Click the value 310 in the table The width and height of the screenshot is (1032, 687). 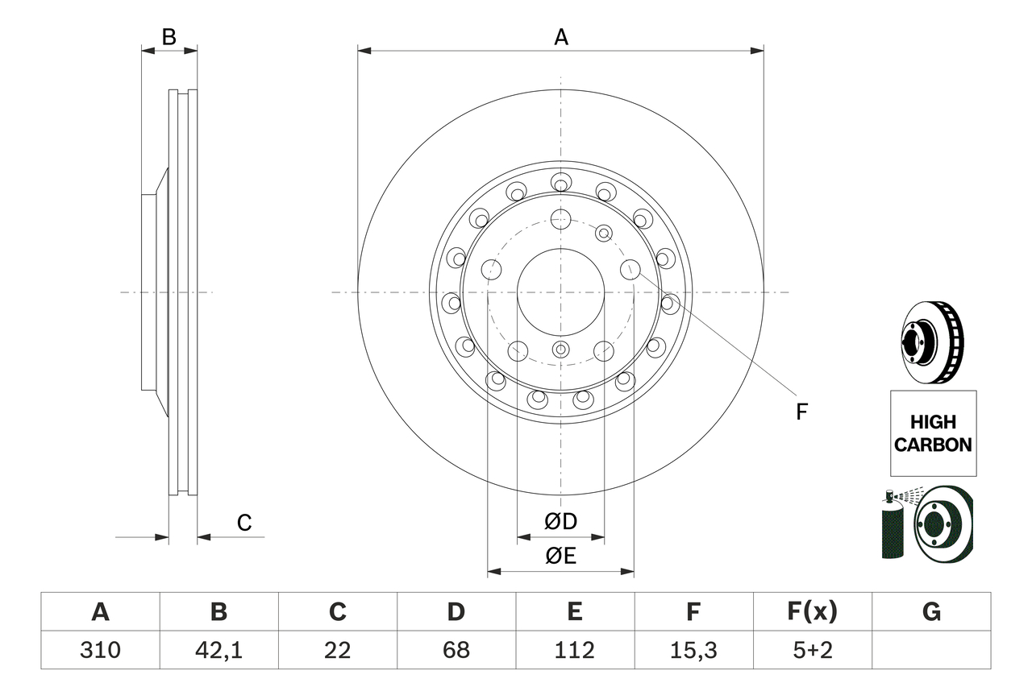point(100,650)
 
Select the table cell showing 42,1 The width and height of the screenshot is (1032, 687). point(218,650)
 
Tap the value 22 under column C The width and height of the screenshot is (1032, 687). point(337,650)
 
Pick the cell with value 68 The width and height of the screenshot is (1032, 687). point(456,650)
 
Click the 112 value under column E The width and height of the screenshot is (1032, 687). point(574,650)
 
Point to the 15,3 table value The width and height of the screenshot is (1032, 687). point(693,650)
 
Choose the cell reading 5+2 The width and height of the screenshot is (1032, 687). point(812,650)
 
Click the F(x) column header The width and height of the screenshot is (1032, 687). point(812,612)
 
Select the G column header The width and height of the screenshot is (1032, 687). point(931,612)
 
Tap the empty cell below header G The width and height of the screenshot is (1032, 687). point(931,650)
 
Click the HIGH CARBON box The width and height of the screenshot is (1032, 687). point(933,432)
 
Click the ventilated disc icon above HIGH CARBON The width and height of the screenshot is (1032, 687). point(931,343)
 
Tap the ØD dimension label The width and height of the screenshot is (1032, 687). point(561,522)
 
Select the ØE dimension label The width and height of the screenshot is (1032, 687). point(561,557)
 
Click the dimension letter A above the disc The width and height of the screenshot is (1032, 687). point(561,37)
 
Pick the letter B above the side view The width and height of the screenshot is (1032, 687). point(169,37)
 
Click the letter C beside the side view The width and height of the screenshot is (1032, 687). point(244,524)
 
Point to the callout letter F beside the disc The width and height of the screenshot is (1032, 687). point(801,412)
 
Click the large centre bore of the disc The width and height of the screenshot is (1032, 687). point(560,292)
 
